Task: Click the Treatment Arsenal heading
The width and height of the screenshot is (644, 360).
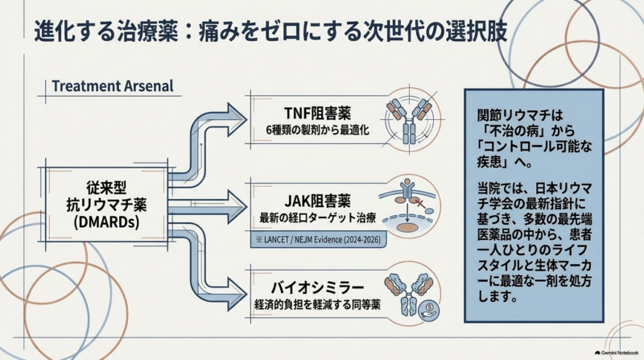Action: (113, 86)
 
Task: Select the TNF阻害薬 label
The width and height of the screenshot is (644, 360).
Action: (317, 114)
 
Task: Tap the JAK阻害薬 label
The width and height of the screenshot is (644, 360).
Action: (317, 201)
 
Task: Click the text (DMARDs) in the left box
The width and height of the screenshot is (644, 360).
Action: (106, 222)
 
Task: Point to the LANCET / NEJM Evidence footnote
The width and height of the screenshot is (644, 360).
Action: (318, 239)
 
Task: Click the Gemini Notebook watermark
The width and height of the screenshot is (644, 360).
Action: (617, 353)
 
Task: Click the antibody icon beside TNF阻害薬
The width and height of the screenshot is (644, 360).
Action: (409, 119)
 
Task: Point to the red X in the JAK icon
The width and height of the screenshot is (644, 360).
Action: (420, 203)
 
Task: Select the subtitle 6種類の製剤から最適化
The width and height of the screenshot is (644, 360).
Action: (317, 130)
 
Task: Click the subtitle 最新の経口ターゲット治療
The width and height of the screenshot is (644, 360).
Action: (317, 217)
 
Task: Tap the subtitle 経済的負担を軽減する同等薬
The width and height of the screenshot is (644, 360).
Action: (317, 305)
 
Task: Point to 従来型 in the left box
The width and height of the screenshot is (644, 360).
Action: (106, 188)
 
